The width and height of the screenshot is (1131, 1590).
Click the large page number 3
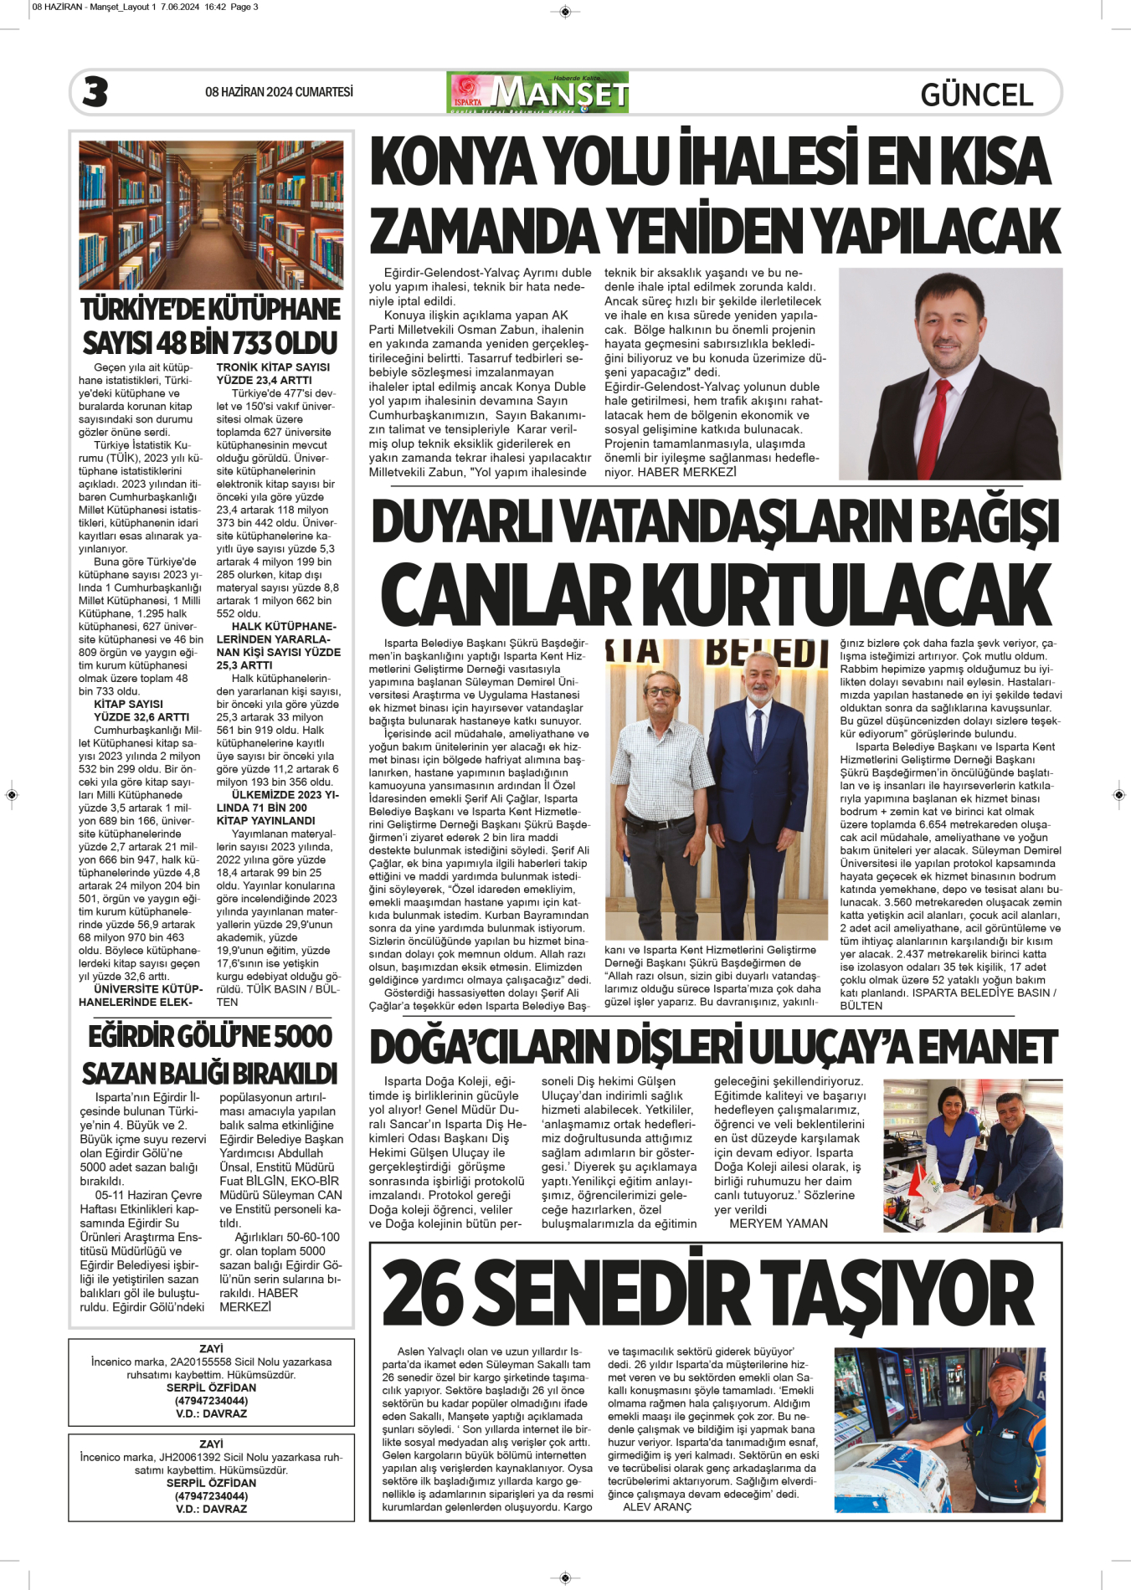[95, 92]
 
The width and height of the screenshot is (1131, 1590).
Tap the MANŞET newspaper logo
[537, 93]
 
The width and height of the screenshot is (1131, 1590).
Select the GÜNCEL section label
[976, 95]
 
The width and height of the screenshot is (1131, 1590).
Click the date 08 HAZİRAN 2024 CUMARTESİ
[279, 92]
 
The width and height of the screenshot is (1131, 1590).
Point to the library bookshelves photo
[211, 215]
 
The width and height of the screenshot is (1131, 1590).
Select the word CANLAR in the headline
[508, 595]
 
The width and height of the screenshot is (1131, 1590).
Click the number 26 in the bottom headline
[423, 1293]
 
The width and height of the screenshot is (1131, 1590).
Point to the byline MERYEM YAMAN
[778, 1223]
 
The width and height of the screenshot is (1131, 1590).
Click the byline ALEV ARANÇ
[657, 1507]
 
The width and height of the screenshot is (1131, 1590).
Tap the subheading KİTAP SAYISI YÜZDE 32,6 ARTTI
[141, 710]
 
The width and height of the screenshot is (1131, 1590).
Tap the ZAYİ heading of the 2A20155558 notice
[211, 1349]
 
